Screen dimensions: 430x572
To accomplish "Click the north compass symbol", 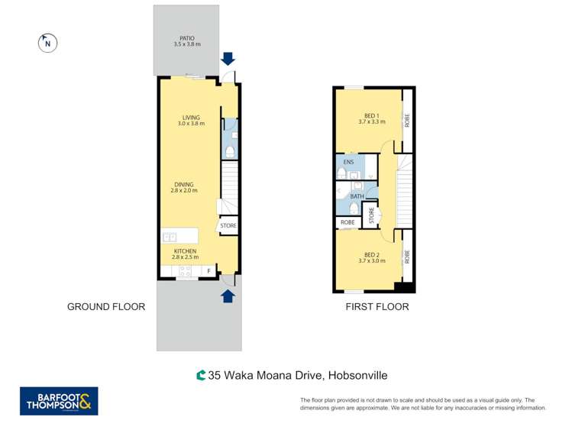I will click(x=47, y=44).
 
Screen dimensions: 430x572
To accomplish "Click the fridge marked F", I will click(x=208, y=271).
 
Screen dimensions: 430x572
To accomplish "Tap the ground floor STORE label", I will click(x=228, y=226).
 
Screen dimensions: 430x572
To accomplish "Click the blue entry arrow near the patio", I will click(x=228, y=59).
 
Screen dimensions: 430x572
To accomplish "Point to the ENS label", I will click(x=348, y=163).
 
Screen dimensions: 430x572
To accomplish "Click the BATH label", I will click(x=356, y=196).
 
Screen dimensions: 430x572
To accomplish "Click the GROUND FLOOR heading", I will click(x=106, y=307).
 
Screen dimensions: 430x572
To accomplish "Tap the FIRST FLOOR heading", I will click(x=376, y=307).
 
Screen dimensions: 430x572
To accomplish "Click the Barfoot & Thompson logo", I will click(x=59, y=401).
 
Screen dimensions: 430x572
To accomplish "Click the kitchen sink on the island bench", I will click(x=170, y=237).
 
